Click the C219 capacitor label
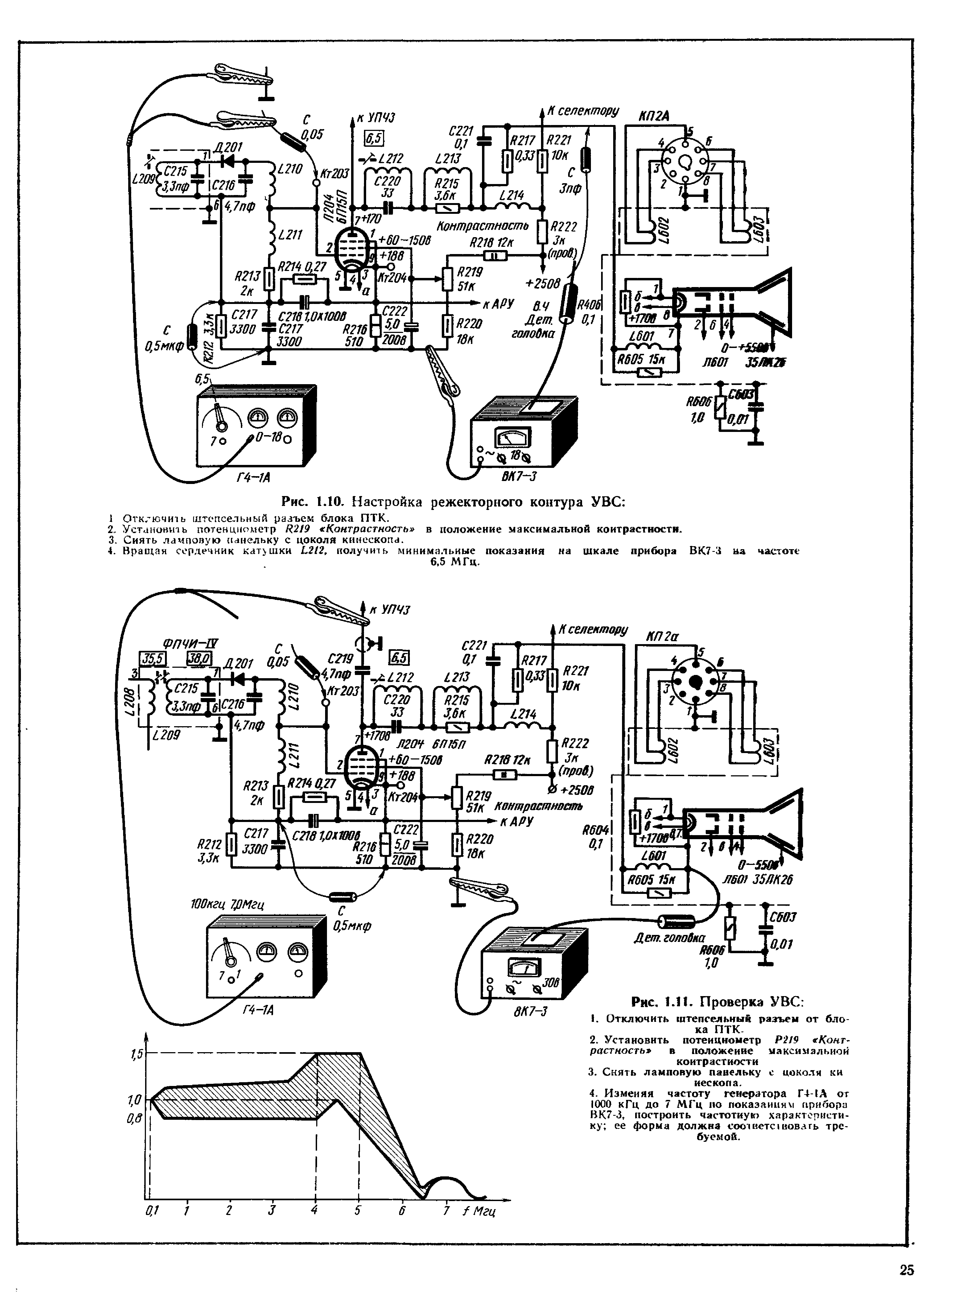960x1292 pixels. point(340,659)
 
